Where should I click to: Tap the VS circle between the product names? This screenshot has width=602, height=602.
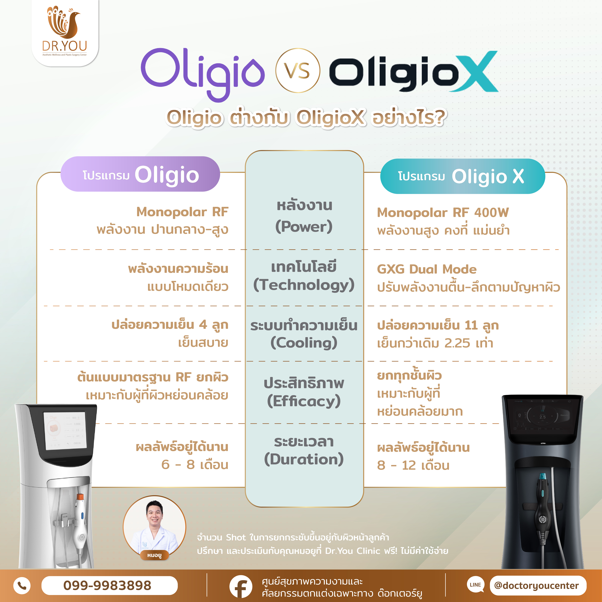coord(298,70)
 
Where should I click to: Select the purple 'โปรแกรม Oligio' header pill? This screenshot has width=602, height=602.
coord(140,174)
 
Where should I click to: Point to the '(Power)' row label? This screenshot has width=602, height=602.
coord(304,226)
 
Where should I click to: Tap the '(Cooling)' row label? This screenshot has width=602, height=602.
coord(304,343)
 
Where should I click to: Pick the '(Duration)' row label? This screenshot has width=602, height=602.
coord(304,459)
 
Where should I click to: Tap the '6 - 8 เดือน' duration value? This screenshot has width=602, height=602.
coord(195,465)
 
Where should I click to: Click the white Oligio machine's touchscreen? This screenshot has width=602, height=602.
coord(65,430)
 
